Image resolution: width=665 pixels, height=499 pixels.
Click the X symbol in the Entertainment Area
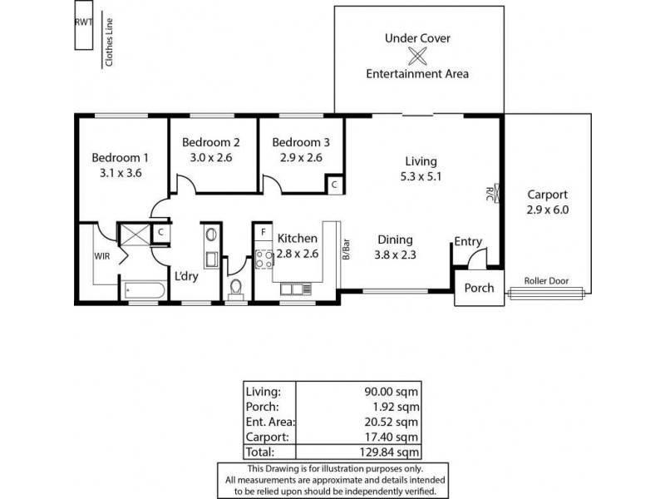pos(417,56)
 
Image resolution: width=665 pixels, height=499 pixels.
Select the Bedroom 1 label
pos(120,157)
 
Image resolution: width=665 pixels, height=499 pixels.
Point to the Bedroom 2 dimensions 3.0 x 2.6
pos(211,156)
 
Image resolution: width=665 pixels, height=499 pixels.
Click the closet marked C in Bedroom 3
pos(332,185)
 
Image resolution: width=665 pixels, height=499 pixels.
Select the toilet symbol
pos(236,288)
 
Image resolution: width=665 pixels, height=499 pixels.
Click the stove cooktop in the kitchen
pos(265,259)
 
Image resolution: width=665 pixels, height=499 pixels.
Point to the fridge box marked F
pos(263,232)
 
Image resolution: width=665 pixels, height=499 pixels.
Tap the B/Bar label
pos(345,249)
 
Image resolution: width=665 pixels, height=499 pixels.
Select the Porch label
pos(478,289)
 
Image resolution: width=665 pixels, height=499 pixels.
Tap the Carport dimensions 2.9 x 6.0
pos(548,210)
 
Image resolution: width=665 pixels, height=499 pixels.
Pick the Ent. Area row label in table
pos(269,422)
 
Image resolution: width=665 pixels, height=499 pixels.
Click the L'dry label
pos(185,277)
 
